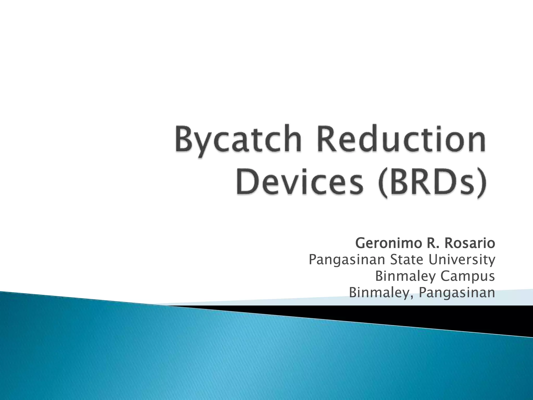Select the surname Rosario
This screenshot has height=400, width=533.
pyautogui.click(x=469, y=243)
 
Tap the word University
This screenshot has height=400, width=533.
pyautogui.click(x=462, y=260)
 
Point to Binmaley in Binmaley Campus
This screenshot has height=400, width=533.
pyautogui.click(x=405, y=276)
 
